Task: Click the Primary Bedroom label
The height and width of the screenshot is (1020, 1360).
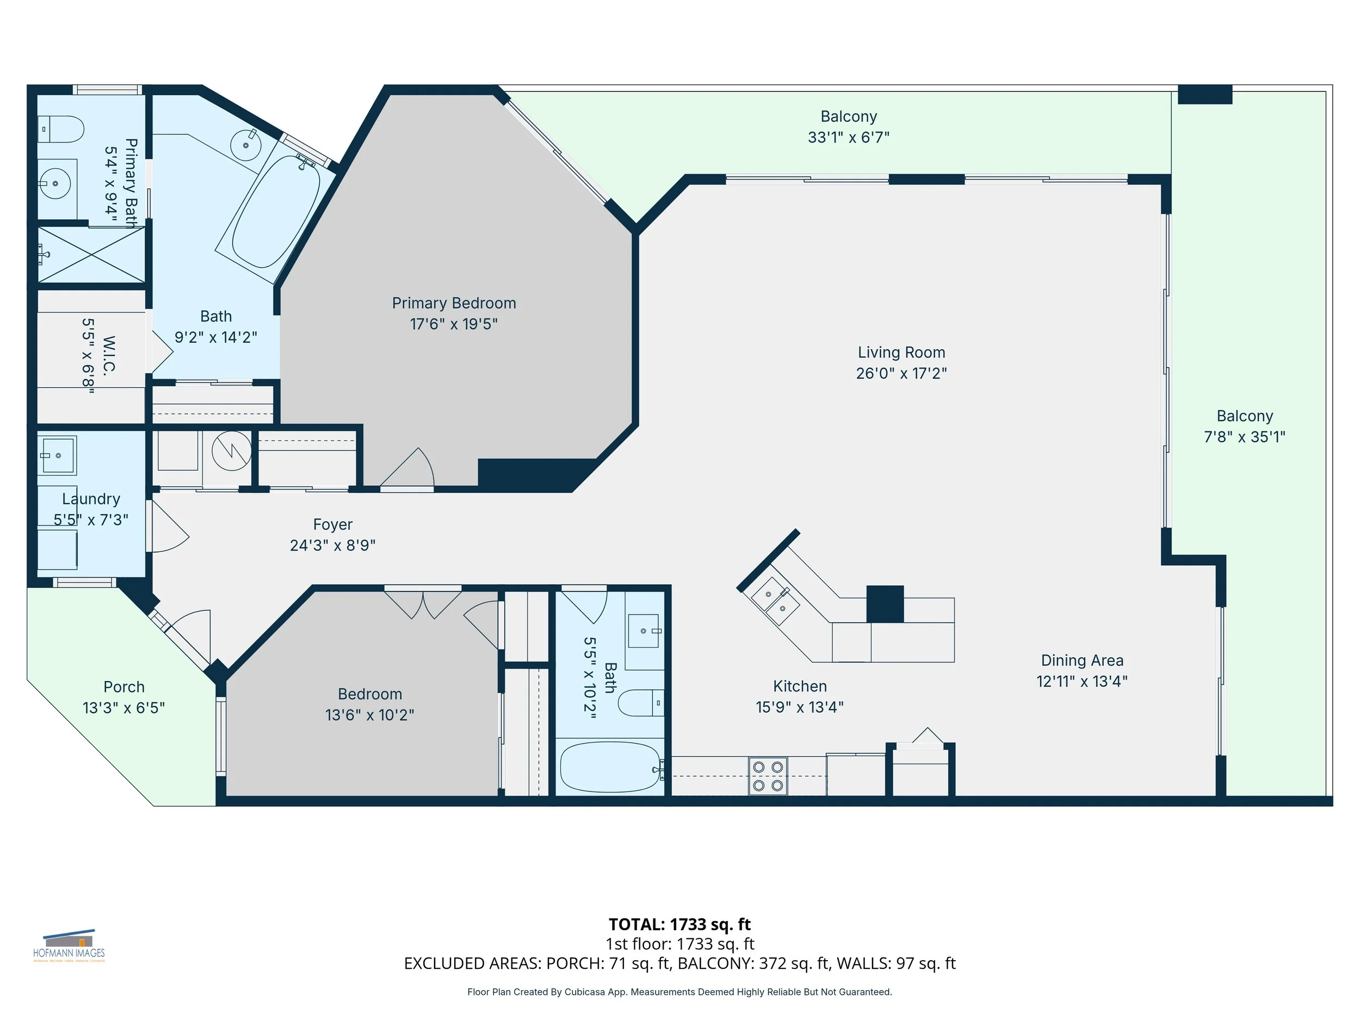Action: click(454, 303)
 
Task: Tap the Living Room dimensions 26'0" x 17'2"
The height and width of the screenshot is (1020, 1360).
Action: click(901, 373)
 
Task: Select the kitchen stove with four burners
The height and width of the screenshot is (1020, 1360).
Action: click(768, 776)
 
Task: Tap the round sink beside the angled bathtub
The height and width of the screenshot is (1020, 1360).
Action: click(246, 145)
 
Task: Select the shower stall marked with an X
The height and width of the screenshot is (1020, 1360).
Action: click(91, 255)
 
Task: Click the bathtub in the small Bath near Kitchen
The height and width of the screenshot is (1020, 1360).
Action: click(610, 766)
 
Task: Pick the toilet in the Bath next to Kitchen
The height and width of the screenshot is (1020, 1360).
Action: click(641, 703)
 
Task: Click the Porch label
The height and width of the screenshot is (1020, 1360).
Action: click(124, 687)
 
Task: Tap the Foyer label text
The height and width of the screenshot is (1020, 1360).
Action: click(332, 524)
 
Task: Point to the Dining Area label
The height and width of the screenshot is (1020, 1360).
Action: click(1082, 660)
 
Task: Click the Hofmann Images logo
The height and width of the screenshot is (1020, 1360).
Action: click(69, 945)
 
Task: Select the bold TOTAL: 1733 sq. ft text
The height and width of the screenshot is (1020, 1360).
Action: click(679, 924)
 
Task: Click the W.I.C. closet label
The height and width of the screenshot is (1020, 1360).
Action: click(109, 355)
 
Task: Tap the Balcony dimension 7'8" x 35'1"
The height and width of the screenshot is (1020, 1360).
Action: click(1245, 436)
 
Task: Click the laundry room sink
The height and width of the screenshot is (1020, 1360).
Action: click(57, 455)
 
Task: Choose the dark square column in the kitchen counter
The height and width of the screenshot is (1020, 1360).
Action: click(885, 604)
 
